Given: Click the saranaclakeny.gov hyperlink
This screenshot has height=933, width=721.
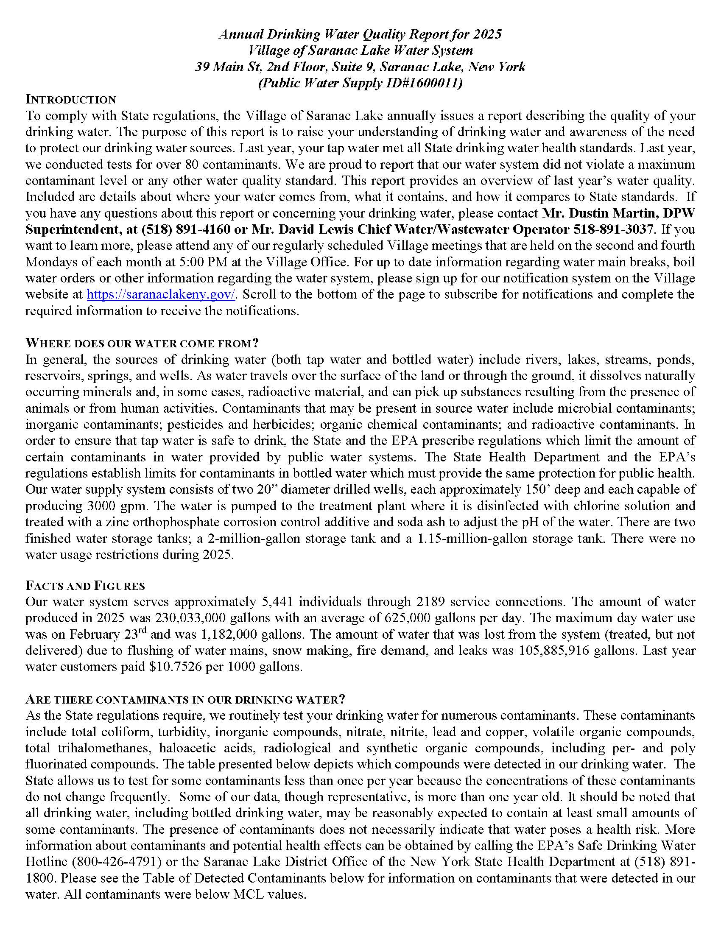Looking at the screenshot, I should [x=161, y=295].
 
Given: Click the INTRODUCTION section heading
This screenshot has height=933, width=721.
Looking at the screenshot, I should [x=70, y=100].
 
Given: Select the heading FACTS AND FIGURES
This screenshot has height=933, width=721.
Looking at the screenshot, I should [x=85, y=586].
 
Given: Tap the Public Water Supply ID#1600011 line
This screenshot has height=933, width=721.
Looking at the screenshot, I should [x=360, y=83].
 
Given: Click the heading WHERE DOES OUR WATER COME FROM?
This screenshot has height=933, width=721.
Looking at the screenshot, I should [x=142, y=343].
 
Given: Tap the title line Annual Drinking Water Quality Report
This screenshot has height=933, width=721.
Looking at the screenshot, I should [x=360, y=34].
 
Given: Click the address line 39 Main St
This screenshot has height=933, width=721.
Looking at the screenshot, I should [x=360, y=67].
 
